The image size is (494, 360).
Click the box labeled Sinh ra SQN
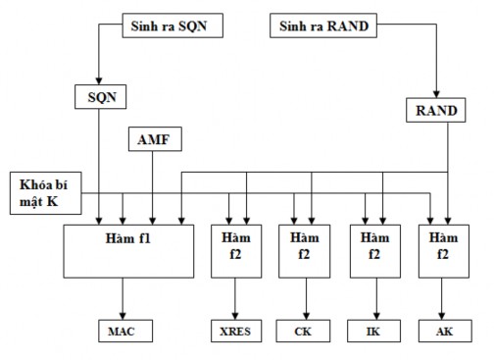pyautogui.click(x=171, y=24)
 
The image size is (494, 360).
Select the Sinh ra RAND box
pyautogui.click(x=323, y=26)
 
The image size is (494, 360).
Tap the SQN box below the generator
pyautogui.click(x=100, y=98)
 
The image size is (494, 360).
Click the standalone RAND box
pyautogui.click(x=435, y=111)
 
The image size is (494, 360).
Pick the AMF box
pyautogui.click(x=151, y=141)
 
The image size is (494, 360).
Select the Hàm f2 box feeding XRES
pyautogui.click(x=235, y=250)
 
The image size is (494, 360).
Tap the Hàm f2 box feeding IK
pyautogui.click(x=373, y=250)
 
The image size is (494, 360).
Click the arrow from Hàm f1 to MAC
pyautogui.click(x=123, y=297)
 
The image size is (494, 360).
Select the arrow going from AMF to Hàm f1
pyautogui.click(x=151, y=186)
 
